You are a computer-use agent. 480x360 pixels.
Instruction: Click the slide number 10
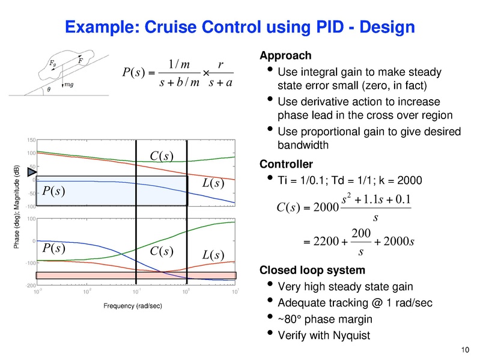click(x=465, y=350)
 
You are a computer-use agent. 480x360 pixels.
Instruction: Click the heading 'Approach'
click(x=285, y=56)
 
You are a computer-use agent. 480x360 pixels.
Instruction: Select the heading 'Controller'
click(x=286, y=164)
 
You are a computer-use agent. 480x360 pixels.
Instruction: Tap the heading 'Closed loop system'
click(x=312, y=270)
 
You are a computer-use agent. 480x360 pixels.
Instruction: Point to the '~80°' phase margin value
click(x=290, y=319)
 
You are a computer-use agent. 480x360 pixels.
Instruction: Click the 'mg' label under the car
click(x=69, y=84)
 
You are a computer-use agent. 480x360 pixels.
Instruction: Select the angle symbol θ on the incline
click(x=49, y=90)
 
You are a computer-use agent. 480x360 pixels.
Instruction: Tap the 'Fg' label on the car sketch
click(x=53, y=63)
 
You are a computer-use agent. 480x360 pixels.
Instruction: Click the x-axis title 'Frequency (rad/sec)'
click(x=133, y=306)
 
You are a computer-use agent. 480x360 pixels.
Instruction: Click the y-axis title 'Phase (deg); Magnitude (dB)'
click(x=17, y=207)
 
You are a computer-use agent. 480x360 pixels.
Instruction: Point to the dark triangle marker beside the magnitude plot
click(x=32, y=172)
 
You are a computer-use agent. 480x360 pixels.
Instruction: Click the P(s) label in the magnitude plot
click(x=53, y=191)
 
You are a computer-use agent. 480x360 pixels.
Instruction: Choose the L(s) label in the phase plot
click(x=213, y=255)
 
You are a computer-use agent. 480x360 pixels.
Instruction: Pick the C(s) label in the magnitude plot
click(x=162, y=156)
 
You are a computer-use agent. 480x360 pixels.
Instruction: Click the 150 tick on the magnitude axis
click(x=31, y=140)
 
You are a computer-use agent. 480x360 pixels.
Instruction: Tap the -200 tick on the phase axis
click(x=31, y=285)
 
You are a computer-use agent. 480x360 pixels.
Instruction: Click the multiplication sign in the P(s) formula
click(x=206, y=73)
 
